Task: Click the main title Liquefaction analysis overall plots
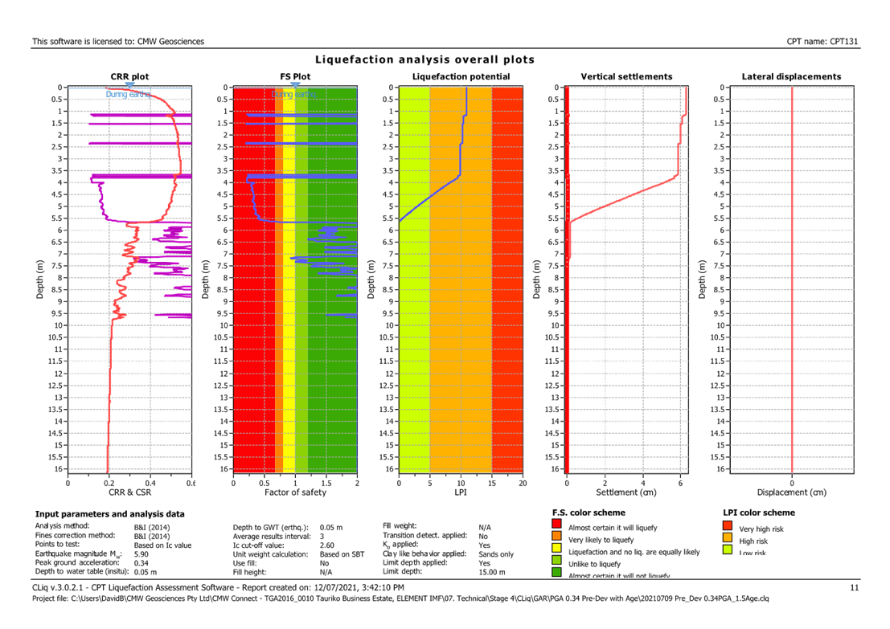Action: point(424,59)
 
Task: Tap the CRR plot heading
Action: point(129,76)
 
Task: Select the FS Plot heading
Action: point(294,76)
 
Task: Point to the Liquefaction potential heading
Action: point(461,76)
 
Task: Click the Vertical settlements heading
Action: point(626,76)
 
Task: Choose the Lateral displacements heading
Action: point(791,76)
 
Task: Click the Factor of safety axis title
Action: point(294,491)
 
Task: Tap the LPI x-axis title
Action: point(461,491)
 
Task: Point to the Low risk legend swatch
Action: point(728,552)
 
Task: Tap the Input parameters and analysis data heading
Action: point(110,513)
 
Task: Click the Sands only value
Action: point(496,554)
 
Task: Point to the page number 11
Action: point(855,588)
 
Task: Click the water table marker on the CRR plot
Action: point(129,84)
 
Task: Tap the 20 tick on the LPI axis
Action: point(523,484)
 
